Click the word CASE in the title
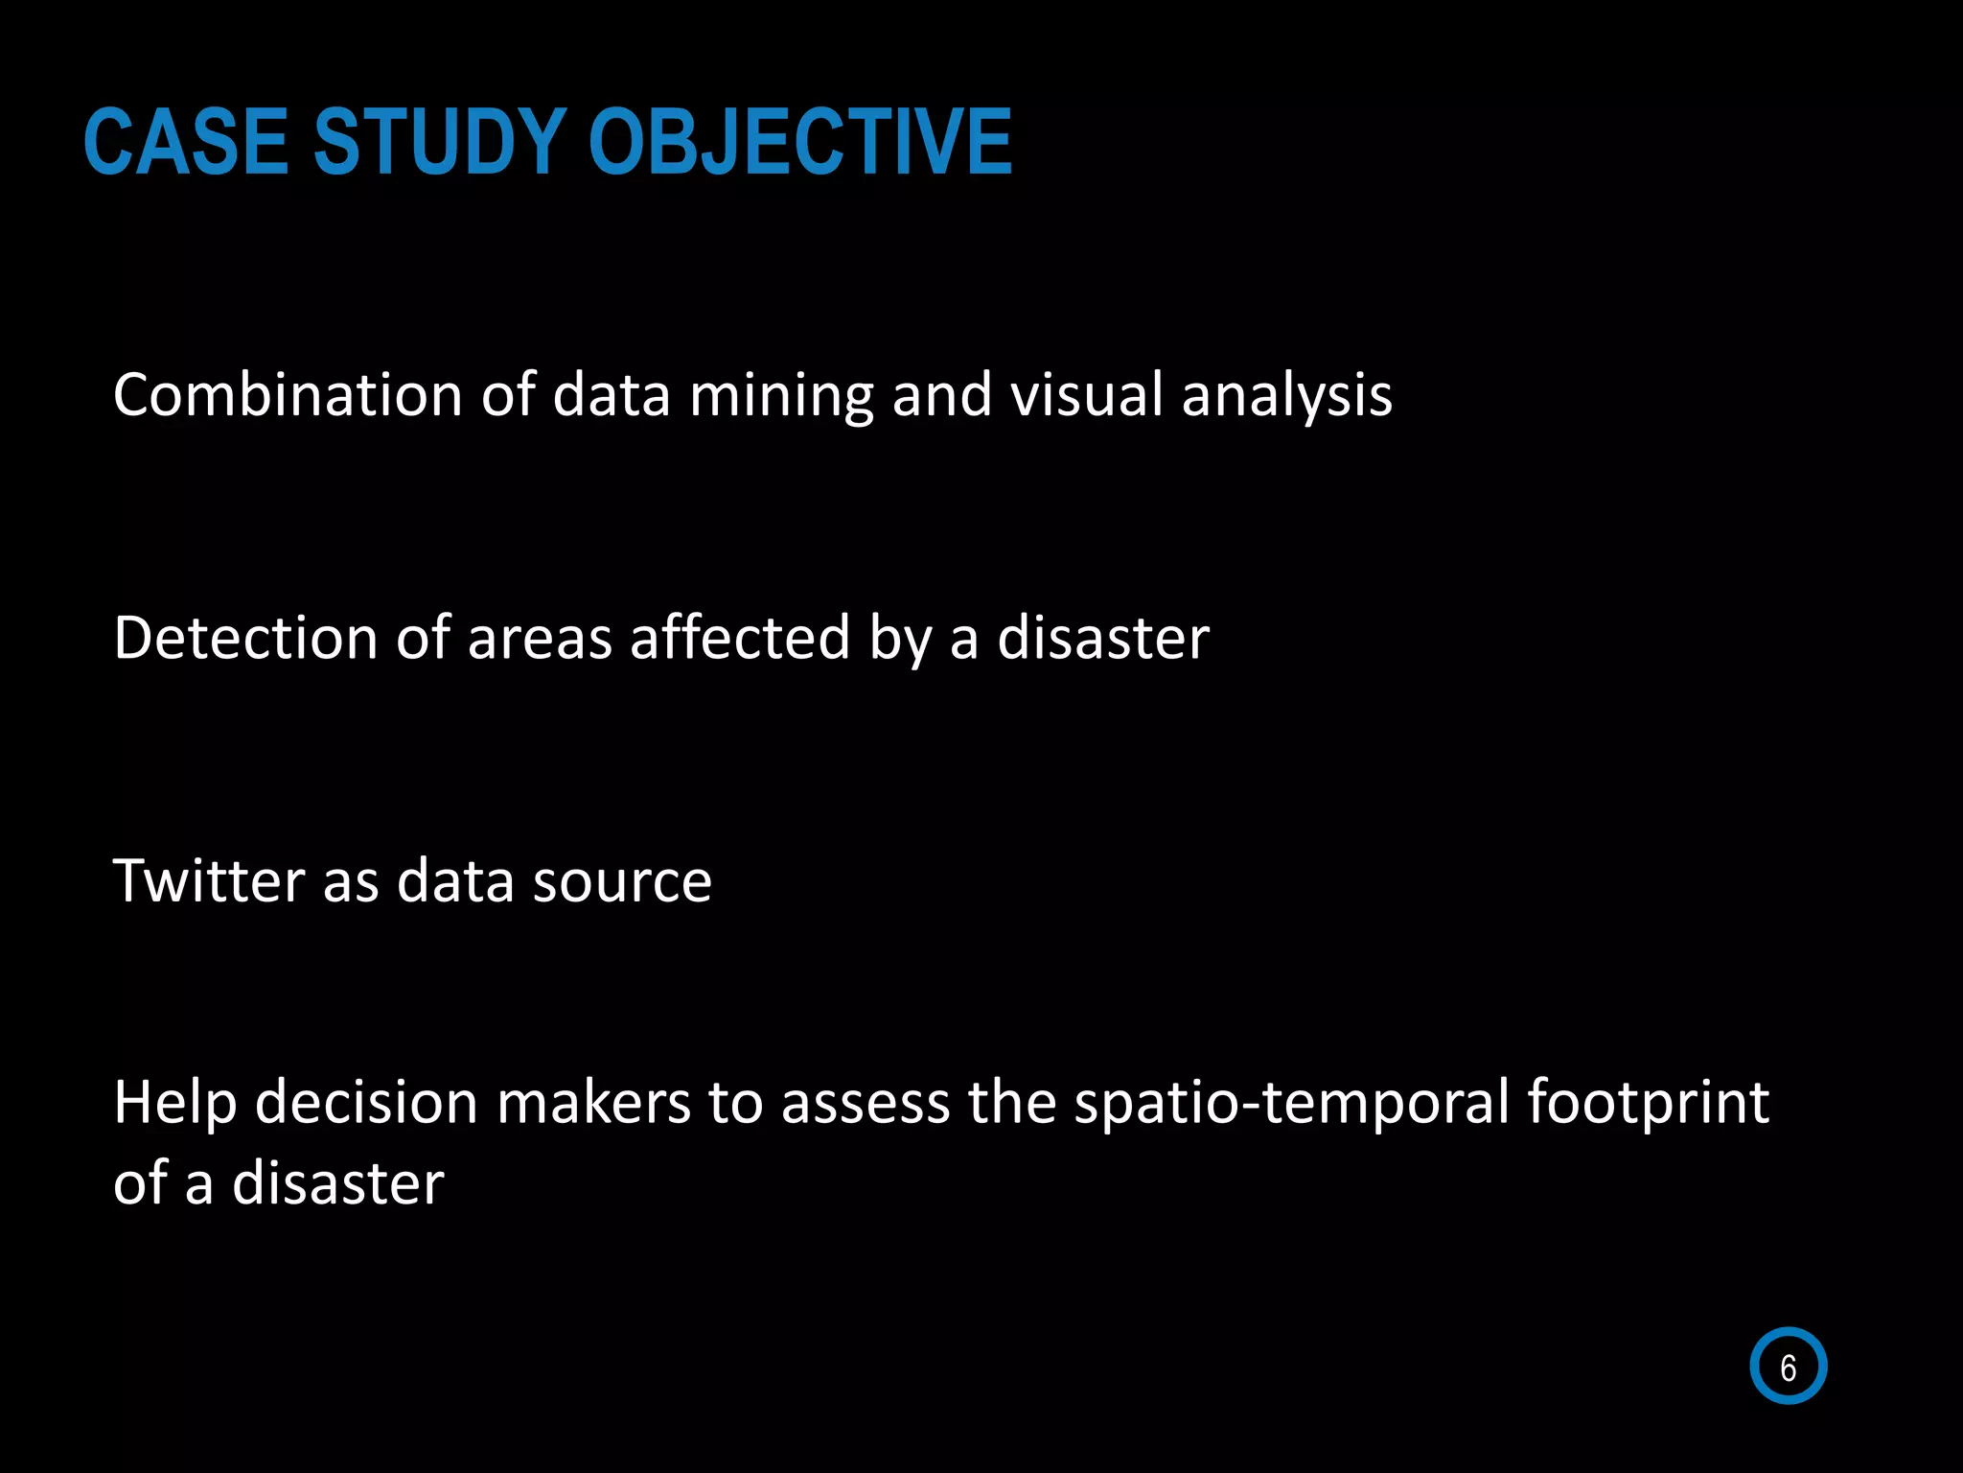[x=186, y=142]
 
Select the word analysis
[x=1286, y=396]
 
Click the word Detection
[x=245, y=638]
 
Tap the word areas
[x=540, y=640]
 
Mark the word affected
[x=740, y=638]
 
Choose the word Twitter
[x=208, y=880]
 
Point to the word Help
[x=175, y=1103]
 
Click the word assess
[x=866, y=1103]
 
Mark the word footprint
[x=1648, y=1103]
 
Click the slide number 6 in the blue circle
[x=1788, y=1367]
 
